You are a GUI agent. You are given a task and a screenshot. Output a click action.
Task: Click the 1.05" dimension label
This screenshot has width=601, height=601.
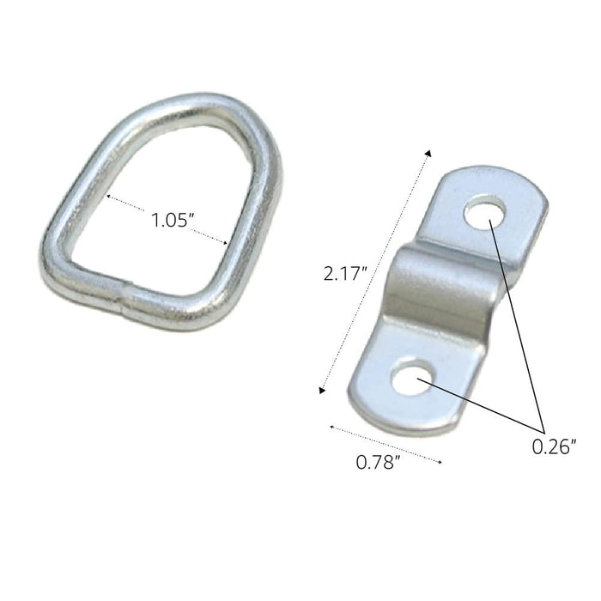171,220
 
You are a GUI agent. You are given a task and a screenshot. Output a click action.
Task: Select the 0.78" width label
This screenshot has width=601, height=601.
379,463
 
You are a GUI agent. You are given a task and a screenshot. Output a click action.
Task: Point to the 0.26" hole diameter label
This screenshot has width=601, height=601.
553,446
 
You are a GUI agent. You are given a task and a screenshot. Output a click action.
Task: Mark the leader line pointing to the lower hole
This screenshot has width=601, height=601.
481,407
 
